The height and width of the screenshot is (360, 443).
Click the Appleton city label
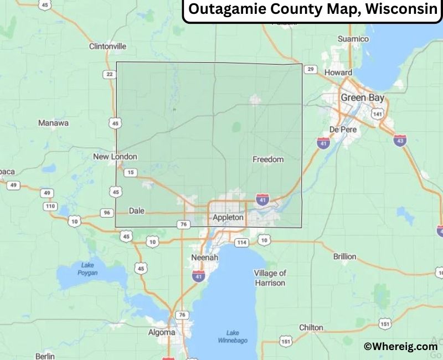(228, 218)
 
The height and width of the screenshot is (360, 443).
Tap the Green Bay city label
(362, 97)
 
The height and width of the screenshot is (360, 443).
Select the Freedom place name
(268, 160)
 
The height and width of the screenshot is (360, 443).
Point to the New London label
(115, 157)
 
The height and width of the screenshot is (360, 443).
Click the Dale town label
(136, 210)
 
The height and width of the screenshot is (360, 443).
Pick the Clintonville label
(107, 47)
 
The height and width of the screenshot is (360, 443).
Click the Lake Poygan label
(87, 269)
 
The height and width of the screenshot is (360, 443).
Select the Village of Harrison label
(270, 278)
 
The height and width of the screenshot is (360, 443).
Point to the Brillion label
(344, 256)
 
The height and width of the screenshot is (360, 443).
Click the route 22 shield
(110, 74)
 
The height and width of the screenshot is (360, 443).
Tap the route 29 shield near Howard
(311, 69)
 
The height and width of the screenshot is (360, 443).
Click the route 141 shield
(378, 114)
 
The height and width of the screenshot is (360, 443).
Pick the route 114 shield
(241, 243)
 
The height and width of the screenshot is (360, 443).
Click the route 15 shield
(131, 172)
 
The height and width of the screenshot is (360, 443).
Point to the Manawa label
(53, 123)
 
